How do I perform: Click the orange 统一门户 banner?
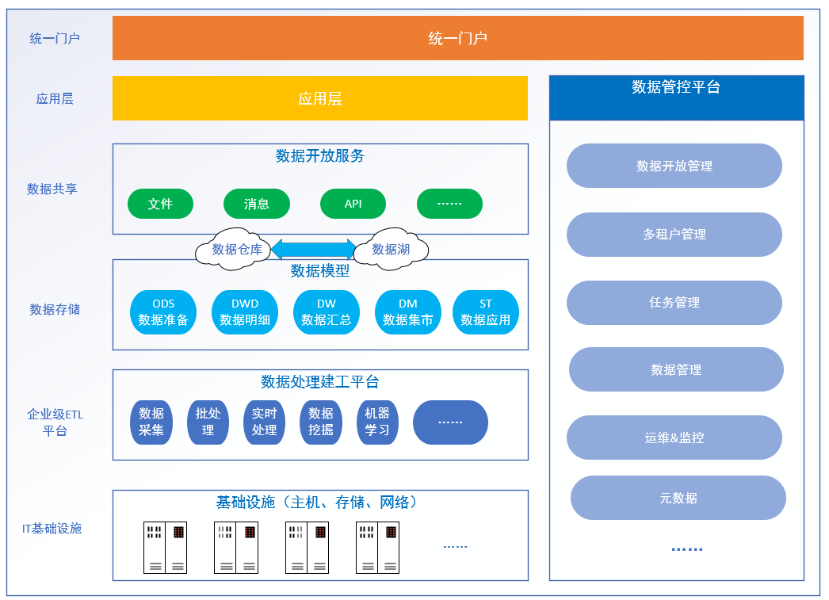coord(457,38)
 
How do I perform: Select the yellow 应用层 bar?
coord(319,98)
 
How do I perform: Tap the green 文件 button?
coord(160,204)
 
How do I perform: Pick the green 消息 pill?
coord(257,204)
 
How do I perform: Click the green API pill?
coord(353,204)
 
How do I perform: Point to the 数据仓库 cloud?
coord(235,249)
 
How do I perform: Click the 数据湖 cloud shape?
coord(391,249)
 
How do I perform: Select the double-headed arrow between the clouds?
coord(313,249)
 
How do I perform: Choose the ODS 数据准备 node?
coord(163,312)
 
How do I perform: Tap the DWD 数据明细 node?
coord(245,312)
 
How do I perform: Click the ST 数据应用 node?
coord(486,312)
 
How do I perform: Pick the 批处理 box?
coord(208,422)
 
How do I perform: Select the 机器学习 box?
coord(377,422)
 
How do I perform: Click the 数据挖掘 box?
coord(321,422)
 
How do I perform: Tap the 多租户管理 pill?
coord(674,235)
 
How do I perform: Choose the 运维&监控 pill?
coord(674,438)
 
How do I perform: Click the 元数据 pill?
coord(678,498)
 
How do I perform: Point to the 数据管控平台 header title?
coord(676,87)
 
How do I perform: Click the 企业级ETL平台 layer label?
coord(55,422)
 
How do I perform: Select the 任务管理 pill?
coord(674,303)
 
